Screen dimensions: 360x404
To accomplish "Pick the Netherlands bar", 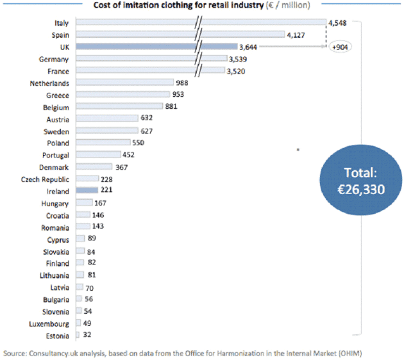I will tap(125, 83).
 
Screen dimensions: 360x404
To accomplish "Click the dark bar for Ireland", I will tap(87, 191).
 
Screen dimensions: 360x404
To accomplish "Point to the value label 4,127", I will tap(297, 35).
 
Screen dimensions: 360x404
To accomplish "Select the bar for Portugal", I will tap(98, 154).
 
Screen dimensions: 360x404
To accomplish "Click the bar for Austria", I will tap(107, 119).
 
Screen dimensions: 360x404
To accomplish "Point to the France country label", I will tap(58, 71).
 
